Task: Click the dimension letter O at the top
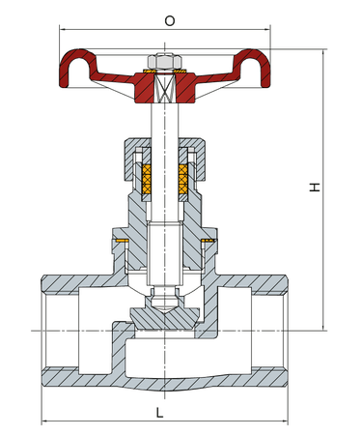pos(170,21)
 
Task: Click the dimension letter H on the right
pos(315,188)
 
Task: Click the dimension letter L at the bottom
pos(159,412)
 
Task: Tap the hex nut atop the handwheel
pos(164,61)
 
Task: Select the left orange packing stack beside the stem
pos(147,179)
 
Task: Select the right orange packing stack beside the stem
pos(183,179)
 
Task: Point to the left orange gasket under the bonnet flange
pos(123,241)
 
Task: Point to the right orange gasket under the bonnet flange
pos(208,241)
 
